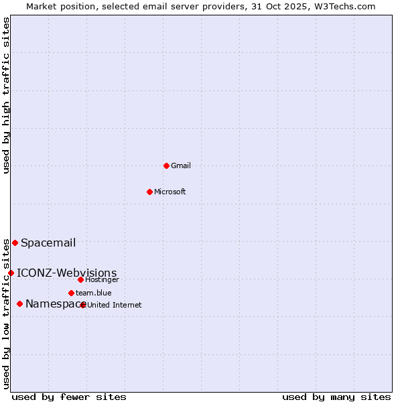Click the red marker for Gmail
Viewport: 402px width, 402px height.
click(x=166, y=165)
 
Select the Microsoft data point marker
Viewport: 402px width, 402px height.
click(x=149, y=192)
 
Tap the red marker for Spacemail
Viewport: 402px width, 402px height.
click(x=15, y=243)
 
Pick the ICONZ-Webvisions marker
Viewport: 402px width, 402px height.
click(x=11, y=273)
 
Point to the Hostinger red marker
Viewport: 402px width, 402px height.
click(x=80, y=279)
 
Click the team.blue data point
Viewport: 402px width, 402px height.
click(x=71, y=293)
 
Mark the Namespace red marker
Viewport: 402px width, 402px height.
click(x=19, y=304)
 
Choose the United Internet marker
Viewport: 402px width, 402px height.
click(x=82, y=305)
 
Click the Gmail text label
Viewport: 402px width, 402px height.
click(x=181, y=165)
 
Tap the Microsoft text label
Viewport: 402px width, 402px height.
click(x=170, y=192)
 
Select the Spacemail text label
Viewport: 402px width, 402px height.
click(x=48, y=243)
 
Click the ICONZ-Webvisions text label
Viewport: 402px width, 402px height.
click(x=67, y=273)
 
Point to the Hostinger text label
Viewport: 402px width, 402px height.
click(x=103, y=279)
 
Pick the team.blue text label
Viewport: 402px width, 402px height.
click(x=94, y=293)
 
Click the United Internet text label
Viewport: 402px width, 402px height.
click(x=115, y=305)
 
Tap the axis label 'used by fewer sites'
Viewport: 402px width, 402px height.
click(x=69, y=397)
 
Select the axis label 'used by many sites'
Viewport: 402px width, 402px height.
click(x=336, y=397)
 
